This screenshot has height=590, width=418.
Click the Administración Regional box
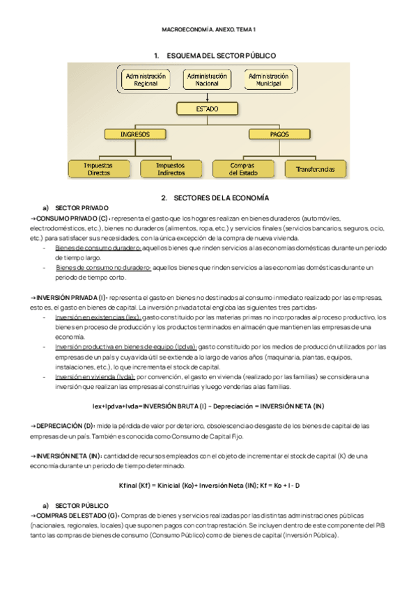point(146,80)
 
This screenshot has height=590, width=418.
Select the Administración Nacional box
point(207,80)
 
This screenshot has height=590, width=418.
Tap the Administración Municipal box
point(268,80)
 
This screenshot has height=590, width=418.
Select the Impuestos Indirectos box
point(170,168)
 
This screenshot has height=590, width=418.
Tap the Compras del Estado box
point(242,168)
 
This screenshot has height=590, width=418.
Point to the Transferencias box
point(315,169)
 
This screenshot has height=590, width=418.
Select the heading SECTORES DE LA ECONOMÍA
point(219,198)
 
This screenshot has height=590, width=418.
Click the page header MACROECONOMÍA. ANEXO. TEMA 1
point(209,31)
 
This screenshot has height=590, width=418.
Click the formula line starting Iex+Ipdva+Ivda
point(208,406)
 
